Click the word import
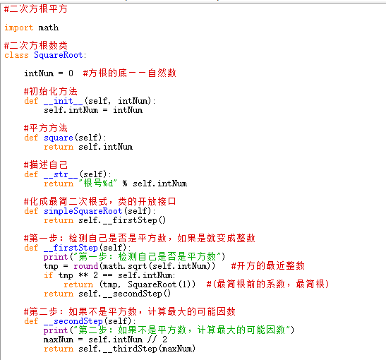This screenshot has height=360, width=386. coord(19,28)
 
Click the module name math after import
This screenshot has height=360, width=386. coord(49,28)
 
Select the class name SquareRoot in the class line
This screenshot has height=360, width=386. coord(59,55)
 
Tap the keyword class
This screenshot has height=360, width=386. coord(16,55)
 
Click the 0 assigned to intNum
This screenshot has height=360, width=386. coord(71,73)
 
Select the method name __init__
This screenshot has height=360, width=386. coord(64,101)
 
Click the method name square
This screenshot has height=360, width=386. coord(59,138)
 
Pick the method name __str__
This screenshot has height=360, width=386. coord(61,174)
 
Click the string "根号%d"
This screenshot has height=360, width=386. coord(98,184)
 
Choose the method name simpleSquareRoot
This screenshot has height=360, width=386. coord(83,211)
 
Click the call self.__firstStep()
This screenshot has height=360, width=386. coord(122,220)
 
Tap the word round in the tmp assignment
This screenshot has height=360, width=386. coord(85,266)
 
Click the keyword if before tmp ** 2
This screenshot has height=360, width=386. coord(49,275)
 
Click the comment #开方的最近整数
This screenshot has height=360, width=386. coord(268,266)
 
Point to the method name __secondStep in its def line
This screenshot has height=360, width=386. coord(73,321)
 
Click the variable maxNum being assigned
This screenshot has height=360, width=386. coord(59,340)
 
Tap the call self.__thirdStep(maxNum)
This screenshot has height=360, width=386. coord(137,349)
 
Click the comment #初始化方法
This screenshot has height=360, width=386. coord(51,91)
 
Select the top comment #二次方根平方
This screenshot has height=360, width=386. coord(36,9)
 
